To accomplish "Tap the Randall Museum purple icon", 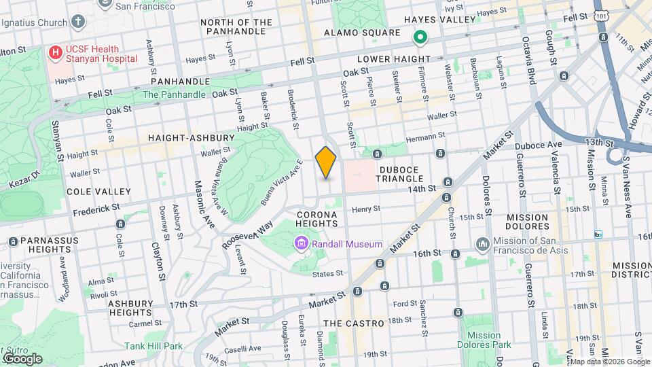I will (x=300, y=243).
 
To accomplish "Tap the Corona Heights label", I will (x=317, y=219).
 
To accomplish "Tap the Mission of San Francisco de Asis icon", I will (x=483, y=243).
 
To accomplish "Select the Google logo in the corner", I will (x=22, y=358).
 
